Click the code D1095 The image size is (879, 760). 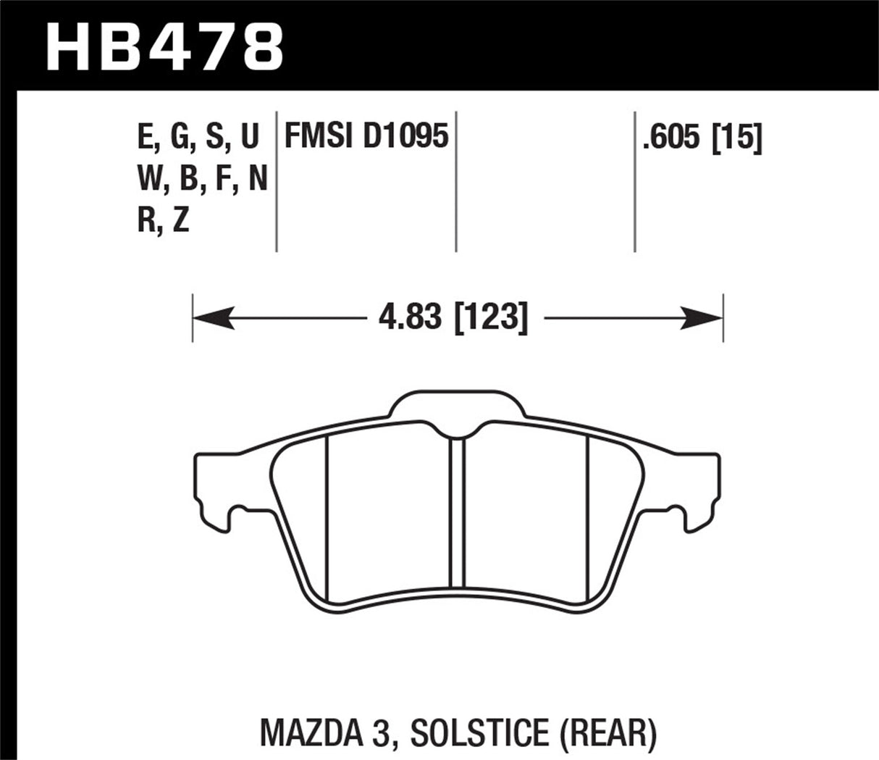[405, 137]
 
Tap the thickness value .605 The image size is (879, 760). [671, 137]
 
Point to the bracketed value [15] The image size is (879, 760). [738, 137]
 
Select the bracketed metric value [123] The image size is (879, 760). [491, 317]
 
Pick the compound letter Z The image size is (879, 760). [181, 220]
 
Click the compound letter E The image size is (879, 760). [144, 137]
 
